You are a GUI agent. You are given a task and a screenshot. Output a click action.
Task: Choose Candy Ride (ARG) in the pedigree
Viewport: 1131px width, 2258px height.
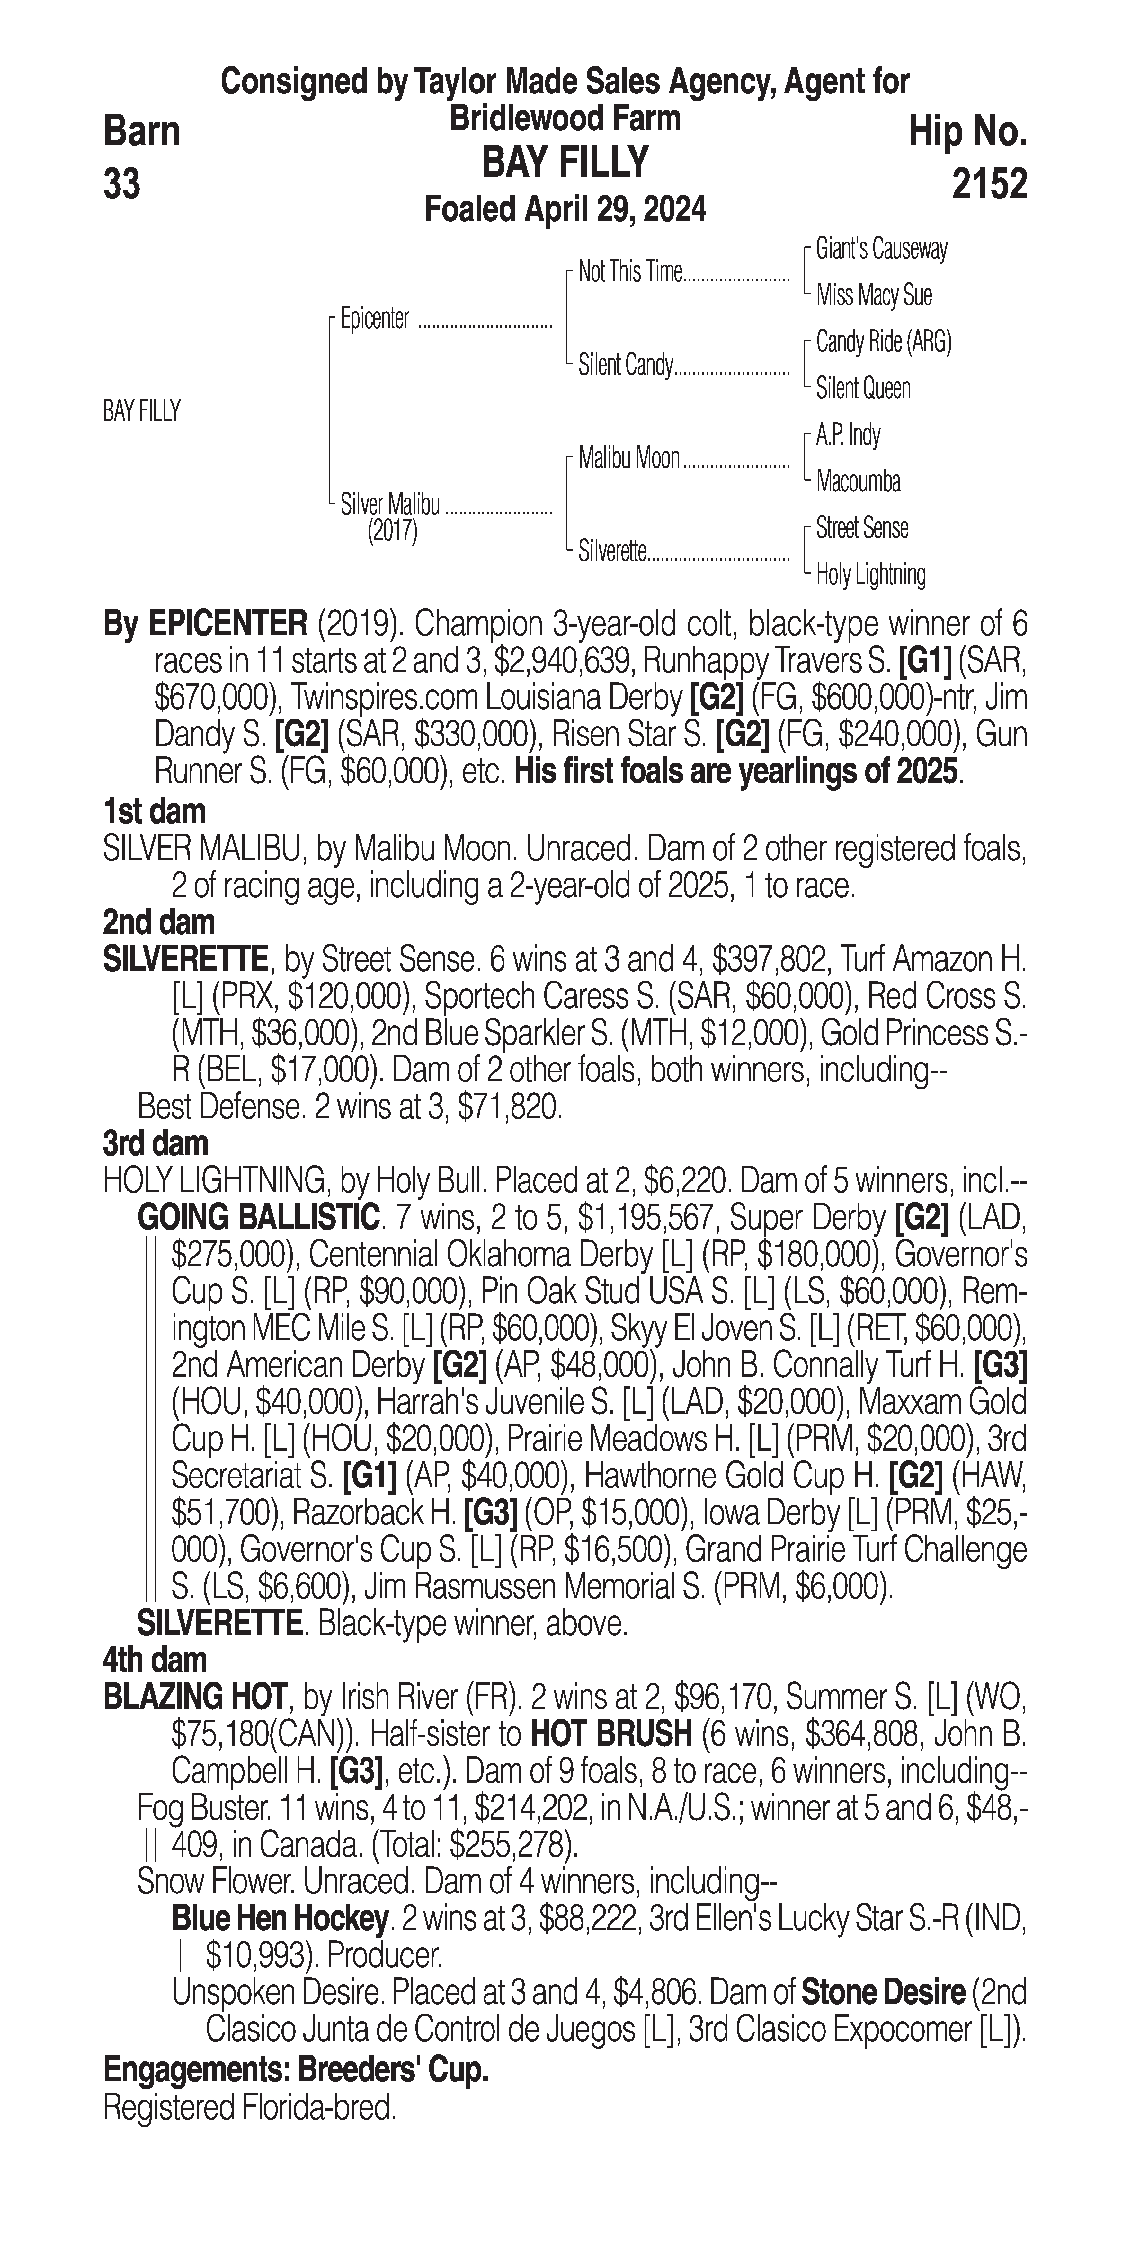[883, 342]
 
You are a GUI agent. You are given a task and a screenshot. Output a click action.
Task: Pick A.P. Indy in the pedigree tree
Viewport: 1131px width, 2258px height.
[848, 435]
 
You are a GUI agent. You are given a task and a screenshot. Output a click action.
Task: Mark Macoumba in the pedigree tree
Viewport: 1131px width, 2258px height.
[858, 481]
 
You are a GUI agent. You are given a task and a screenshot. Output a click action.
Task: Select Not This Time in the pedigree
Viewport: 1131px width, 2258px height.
[629, 273]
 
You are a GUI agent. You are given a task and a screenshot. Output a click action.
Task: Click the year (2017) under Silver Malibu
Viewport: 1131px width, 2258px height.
[392, 531]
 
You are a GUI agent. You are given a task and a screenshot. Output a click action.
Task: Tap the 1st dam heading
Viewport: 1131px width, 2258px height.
[154, 812]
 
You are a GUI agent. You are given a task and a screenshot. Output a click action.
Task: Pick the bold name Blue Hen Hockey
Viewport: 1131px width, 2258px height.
[279, 1919]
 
